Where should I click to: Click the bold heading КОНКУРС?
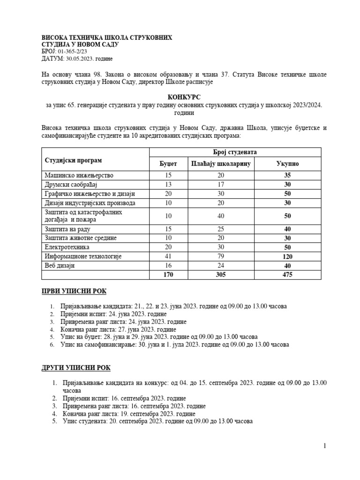pyautogui.click(x=180, y=96)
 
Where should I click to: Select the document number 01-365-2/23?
pyautogui.click(x=73, y=51)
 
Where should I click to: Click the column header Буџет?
pyautogui.click(x=168, y=164)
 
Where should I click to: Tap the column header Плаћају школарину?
pyautogui.click(x=221, y=164)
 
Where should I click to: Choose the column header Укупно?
pyautogui.click(x=287, y=164)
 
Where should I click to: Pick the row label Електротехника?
pyautogui.click(x=67, y=247)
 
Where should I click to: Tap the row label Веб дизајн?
pyautogui.click(x=60, y=265)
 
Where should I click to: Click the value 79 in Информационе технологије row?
pyautogui.click(x=221, y=256)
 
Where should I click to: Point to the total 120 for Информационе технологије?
pyautogui.click(x=287, y=256)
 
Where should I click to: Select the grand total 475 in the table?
pyautogui.click(x=287, y=275)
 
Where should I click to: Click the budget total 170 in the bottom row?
pyautogui.click(x=168, y=275)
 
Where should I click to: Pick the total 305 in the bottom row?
pyautogui.click(x=221, y=275)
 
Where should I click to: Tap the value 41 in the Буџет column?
pyautogui.click(x=168, y=256)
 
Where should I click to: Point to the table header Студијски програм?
pyautogui.click(x=73, y=160)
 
